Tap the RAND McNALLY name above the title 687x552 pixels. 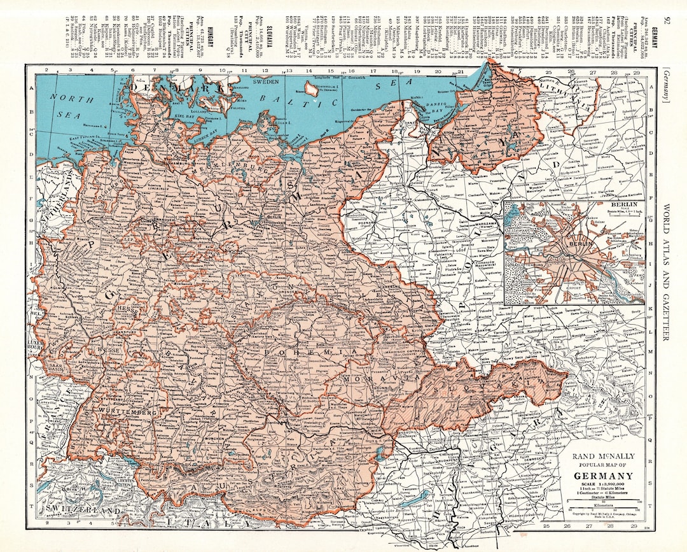tap(603, 456)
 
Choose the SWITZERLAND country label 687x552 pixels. tap(83, 511)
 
